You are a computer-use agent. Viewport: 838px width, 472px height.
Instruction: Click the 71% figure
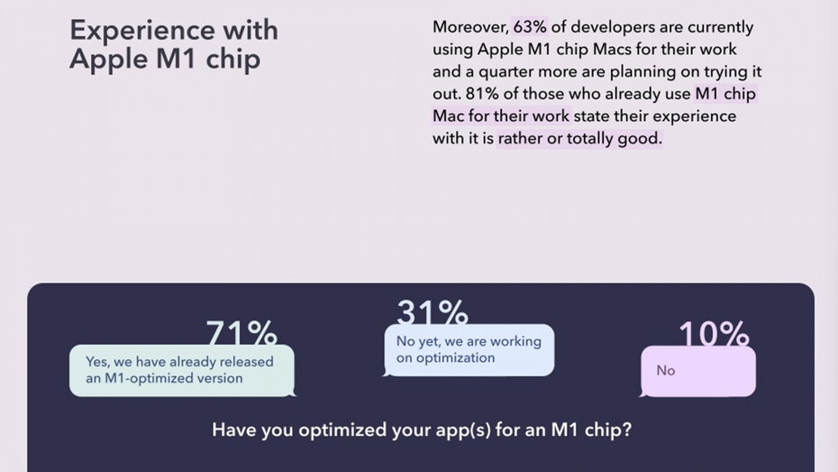(241, 332)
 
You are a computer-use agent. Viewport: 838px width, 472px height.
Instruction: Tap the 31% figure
(433, 311)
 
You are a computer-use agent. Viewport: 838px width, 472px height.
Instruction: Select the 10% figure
(714, 333)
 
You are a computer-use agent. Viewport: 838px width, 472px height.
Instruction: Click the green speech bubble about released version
(182, 370)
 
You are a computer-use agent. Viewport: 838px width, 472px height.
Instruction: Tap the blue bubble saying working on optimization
(469, 350)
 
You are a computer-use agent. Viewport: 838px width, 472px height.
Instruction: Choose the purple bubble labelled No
(698, 372)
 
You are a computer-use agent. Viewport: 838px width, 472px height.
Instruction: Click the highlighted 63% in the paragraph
(530, 27)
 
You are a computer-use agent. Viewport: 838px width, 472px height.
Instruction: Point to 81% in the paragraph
(481, 94)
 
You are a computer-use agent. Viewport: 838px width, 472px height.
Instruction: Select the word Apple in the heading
(109, 59)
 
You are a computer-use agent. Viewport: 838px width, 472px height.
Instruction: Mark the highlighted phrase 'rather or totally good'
(580, 139)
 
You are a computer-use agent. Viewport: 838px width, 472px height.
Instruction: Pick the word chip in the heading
(233, 59)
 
